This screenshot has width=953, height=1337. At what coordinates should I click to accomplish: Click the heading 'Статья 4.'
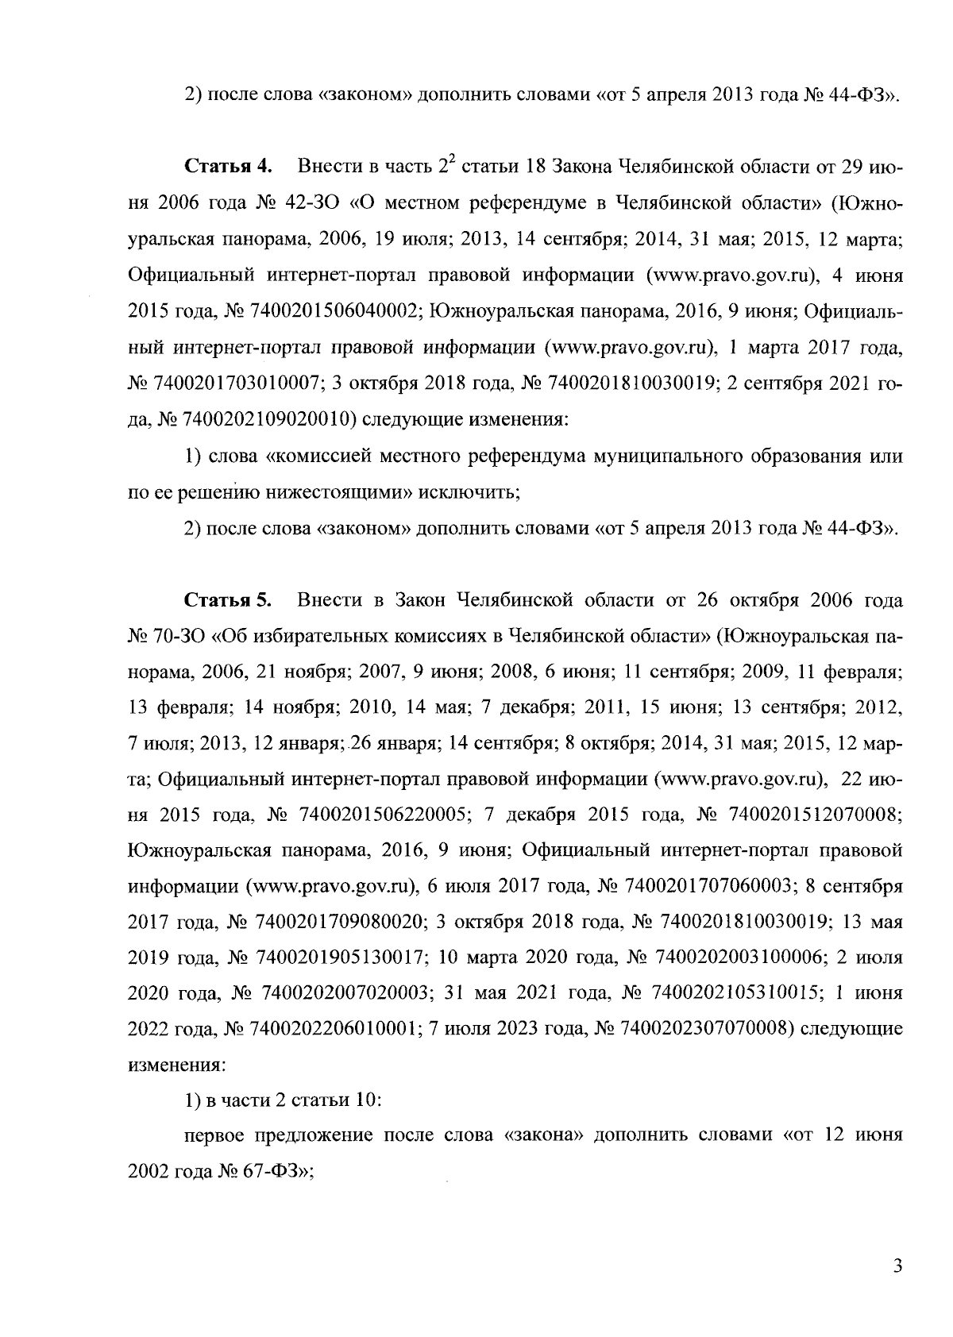pyautogui.click(x=229, y=167)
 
